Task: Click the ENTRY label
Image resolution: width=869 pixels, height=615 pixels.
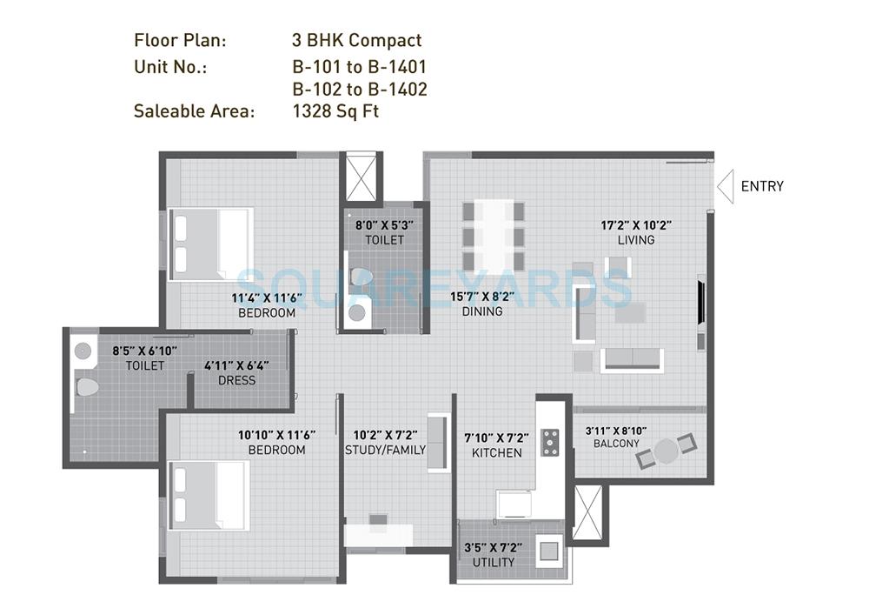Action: pyautogui.click(x=761, y=186)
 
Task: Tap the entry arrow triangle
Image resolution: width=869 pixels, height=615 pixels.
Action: pyautogui.click(x=725, y=185)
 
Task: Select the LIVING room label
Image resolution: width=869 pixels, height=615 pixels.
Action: pyautogui.click(x=635, y=240)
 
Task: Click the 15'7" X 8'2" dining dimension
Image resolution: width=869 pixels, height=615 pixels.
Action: pyautogui.click(x=481, y=296)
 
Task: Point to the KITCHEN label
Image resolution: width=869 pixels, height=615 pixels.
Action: pyautogui.click(x=496, y=452)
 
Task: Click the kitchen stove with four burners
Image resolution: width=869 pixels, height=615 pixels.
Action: pyautogui.click(x=550, y=442)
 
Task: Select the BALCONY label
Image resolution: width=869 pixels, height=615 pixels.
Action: pyautogui.click(x=616, y=444)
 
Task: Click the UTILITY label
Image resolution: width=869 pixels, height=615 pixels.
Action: pyautogui.click(x=493, y=562)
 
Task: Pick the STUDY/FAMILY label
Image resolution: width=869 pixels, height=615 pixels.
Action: pyautogui.click(x=385, y=450)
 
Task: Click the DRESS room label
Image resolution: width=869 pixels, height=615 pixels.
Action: pyautogui.click(x=236, y=380)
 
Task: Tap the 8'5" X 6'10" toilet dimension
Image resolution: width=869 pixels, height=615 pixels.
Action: pyautogui.click(x=144, y=351)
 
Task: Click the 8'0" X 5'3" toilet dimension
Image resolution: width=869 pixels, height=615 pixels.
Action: pyautogui.click(x=384, y=224)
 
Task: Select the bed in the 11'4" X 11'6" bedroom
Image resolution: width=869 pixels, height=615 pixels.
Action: pyautogui.click(x=211, y=244)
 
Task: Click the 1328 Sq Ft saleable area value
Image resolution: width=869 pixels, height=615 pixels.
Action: pyautogui.click(x=335, y=110)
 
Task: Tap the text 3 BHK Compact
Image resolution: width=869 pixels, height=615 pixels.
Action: pyautogui.click(x=356, y=40)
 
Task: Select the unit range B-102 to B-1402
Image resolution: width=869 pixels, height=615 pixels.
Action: pyautogui.click(x=359, y=89)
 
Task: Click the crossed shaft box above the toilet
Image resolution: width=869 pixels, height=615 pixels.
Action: pyautogui.click(x=360, y=177)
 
